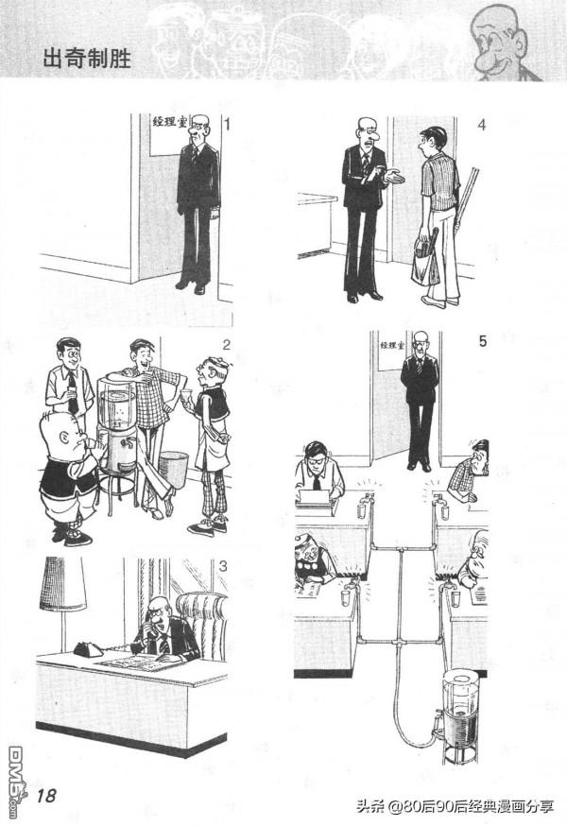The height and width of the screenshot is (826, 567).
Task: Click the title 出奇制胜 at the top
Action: click(86, 59)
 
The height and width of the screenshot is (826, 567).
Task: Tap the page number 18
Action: click(46, 795)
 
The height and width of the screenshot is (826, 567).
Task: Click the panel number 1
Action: click(227, 125)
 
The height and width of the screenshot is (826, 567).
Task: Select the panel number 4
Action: click(481, 125)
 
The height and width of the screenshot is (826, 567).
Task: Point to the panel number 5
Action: click(483, 341)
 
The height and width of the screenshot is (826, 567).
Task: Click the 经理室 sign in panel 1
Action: click(170, 122)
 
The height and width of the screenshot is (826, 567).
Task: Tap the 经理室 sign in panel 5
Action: click(391, 346)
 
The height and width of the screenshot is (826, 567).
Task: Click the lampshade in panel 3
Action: click(62, 584)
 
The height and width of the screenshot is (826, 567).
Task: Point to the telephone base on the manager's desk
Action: click(88, 649)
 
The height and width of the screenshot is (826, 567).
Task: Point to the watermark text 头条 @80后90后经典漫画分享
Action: click(455, 806)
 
